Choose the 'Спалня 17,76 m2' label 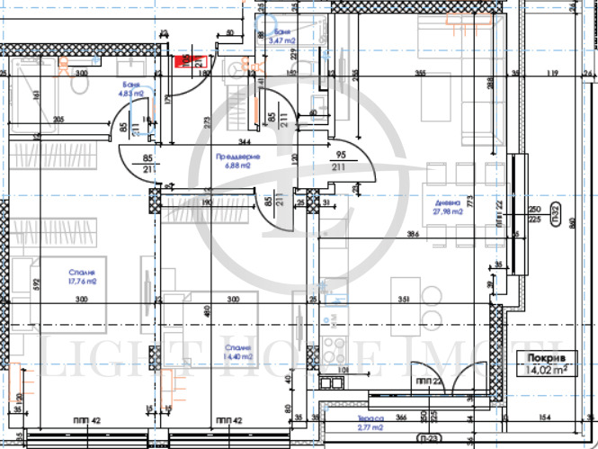80,276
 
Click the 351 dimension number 403,301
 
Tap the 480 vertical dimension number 208,310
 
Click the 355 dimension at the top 419,73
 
